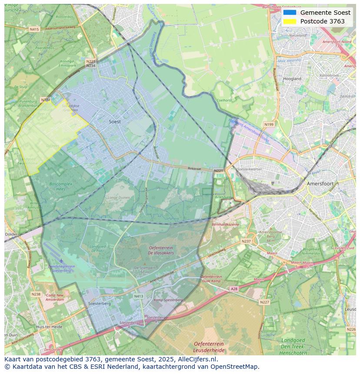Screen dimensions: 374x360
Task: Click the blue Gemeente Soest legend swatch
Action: (x=289, y=13)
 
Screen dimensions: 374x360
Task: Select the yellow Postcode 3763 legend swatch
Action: (x=289, y=21)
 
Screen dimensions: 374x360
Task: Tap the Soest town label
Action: (x=115, y=122)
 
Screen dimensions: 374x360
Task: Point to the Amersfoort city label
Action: (x=320, y=184)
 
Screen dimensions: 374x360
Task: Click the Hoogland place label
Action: (x=292, y=79)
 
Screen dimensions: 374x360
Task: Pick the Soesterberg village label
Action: (x=99, y=303)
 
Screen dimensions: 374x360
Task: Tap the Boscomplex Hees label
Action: (x=61, y=186)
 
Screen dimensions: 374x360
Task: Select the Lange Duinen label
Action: (x=118, y=198)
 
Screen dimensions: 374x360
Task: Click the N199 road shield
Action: (x=269, y=125)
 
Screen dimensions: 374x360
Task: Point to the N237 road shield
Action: (x=246, y=241)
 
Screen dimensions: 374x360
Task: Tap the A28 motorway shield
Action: (x=234, y=289)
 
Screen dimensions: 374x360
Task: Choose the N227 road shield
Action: (x=264, y=302)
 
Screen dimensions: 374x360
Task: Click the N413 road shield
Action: (x=138, y=297)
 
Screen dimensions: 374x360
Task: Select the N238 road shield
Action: (x=36, y=294)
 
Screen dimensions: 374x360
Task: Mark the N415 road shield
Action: (x=34, y=29)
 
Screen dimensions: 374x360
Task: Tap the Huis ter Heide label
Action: (x=49, y=327)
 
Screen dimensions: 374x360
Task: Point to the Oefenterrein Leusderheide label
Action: (x=209, y=347)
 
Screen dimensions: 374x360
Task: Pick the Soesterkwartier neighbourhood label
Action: (x=250, y=169)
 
